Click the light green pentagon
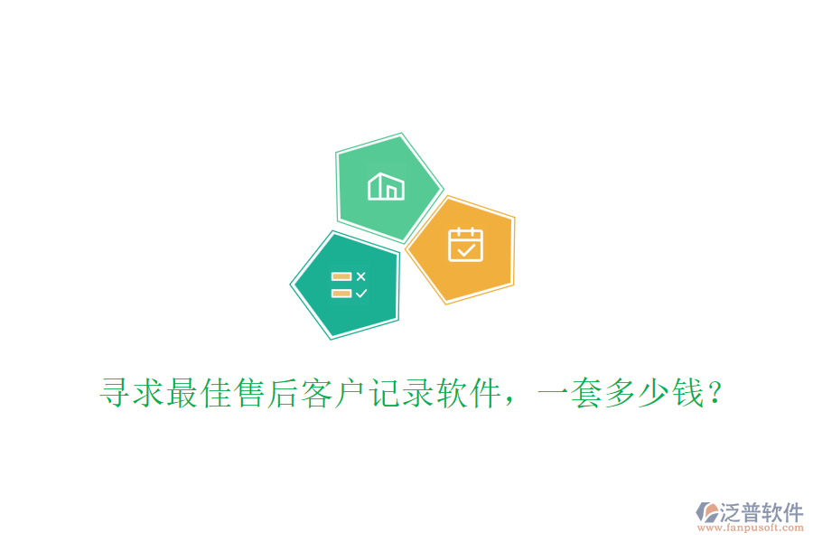pos(387,188)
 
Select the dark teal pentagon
pos(347,285)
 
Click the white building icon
pos(386,186)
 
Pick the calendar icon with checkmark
pos(465,244)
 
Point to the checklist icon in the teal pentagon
pos(349,285)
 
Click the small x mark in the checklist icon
pos(361,276)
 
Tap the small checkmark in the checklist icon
pos(361,293)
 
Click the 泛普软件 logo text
pos(761,512)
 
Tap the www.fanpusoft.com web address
pos(750,528)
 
